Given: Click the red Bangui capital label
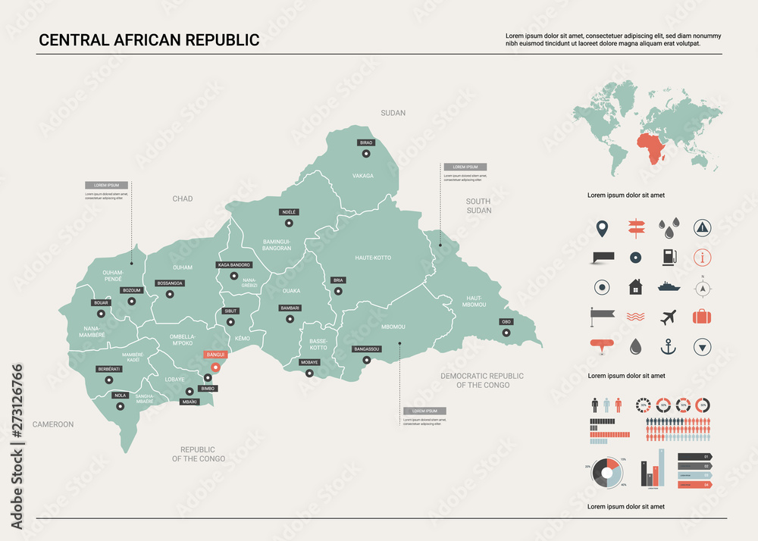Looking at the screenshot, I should click(216, 354).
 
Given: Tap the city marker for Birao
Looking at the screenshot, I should click(366, 154).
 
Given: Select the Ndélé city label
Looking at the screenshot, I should click(288, 212).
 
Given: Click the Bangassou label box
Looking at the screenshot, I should click(367, 349).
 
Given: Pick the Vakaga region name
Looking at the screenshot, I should click(363, 176).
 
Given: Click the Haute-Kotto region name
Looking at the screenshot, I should click(373, 258).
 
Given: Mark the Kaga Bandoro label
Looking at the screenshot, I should click(234, 265).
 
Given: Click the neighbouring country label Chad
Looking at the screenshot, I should click(183, 199).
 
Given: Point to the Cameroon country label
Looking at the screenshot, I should click(52, 424).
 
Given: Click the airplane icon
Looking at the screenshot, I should click(668, 317).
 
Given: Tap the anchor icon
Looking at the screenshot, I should click(668, 347).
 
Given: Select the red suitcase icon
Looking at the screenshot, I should click(703, 317).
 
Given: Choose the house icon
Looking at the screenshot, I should click(634, 287).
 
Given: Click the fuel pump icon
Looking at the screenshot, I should click(668, 257).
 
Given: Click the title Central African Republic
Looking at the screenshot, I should click(149, 40).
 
